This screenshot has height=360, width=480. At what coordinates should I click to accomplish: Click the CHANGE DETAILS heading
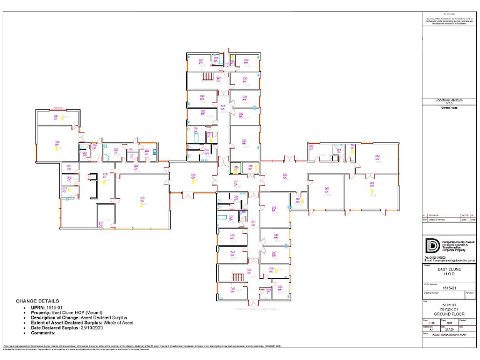(x=38, y=301)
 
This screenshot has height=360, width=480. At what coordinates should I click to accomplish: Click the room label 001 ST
(x=56, y=117)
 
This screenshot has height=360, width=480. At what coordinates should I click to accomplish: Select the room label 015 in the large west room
(x=142, y=200)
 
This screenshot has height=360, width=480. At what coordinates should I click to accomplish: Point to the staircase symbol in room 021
(x=207, y=76)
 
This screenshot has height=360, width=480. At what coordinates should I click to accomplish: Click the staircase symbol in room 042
(x=237, y=276)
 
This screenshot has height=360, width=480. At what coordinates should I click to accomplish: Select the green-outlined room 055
(x=236, y=167)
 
